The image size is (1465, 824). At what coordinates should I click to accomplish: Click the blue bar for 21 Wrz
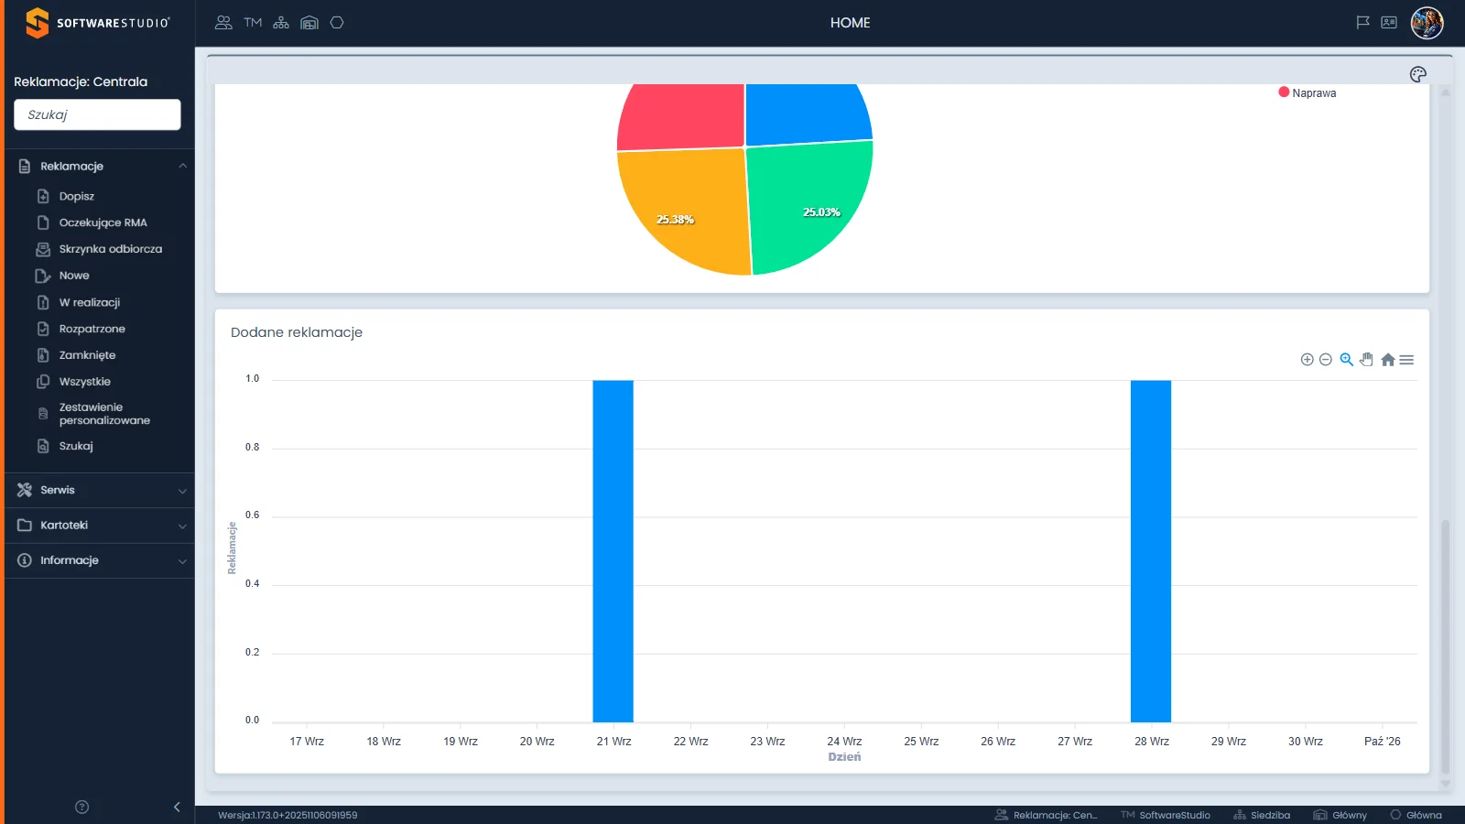[x=613, y=550]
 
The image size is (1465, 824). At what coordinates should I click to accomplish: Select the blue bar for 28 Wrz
[x=1150, y=550]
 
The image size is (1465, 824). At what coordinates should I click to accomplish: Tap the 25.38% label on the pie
[x=675, y=220]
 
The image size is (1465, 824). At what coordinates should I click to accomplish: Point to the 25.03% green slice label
[x=821, y=211]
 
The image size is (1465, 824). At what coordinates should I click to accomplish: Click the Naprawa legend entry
[x=1308, y=92]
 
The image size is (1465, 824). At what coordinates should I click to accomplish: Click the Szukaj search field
[x=97, y=114]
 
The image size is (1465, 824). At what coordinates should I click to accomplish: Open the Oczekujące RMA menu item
[x=103, y=222]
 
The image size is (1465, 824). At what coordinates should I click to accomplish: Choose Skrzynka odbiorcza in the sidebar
[x=111, y=248]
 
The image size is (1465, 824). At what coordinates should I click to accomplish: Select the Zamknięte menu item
[x=87, y=355]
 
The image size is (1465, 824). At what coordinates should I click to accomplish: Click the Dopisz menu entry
[x=77, y=196]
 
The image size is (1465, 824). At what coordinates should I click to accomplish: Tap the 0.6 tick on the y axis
[x=253, y=515]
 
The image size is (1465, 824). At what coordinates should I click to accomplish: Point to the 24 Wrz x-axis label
[x=844, y=741]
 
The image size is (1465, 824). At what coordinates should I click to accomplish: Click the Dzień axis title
[x=844, y=756]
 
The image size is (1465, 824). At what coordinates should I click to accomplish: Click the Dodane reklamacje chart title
[x=297, y=332]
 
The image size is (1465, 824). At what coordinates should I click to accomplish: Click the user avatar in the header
[x=1427, y=23]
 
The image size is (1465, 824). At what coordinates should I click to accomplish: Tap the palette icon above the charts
[x=1418, y=74]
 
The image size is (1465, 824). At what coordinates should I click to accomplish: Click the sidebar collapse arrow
[x=177, y=807]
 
